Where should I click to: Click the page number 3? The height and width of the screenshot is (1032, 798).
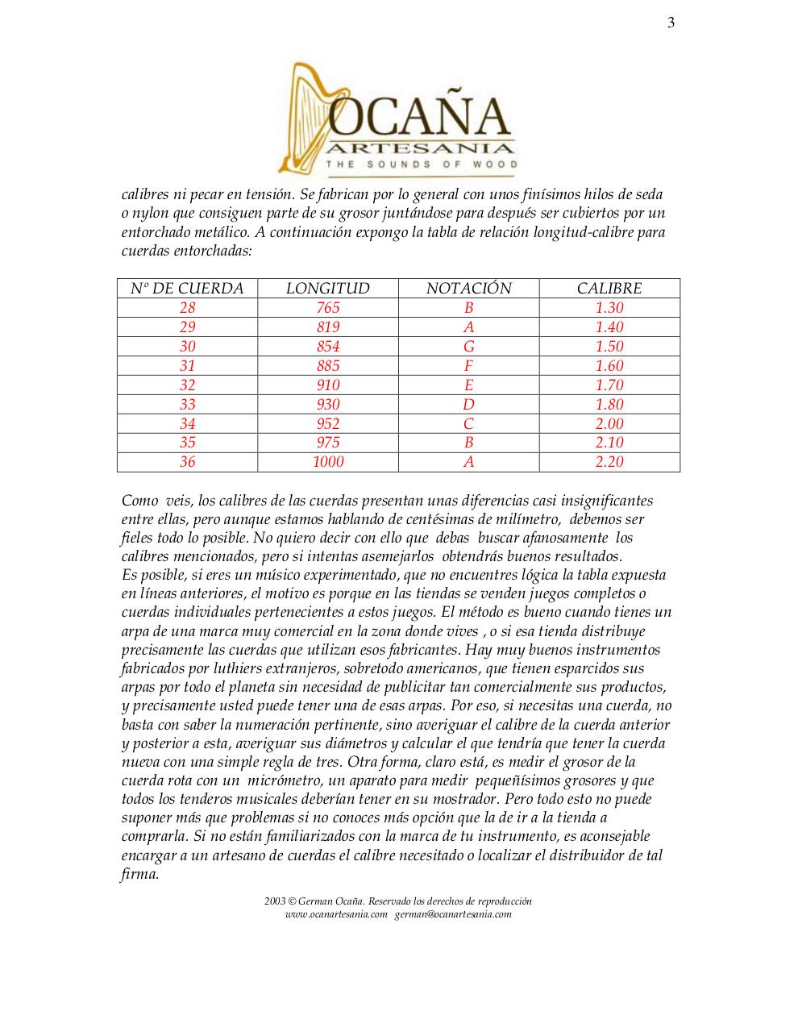coord(671,23)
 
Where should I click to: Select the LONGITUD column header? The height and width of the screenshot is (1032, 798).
coord(328,289)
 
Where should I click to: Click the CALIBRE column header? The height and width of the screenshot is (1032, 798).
coord(609,289)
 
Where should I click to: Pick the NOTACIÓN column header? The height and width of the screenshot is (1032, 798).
coord(468,289)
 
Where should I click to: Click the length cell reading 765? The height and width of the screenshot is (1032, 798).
coord(328,308)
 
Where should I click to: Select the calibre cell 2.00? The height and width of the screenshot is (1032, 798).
coord(609,424)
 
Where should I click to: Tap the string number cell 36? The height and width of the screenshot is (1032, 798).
coord(187,462)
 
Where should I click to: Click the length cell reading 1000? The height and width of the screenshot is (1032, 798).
coord(328,462)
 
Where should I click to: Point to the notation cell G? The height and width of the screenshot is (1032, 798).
coord(468,347)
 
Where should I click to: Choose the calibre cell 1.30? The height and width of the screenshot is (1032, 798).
coord(609,308)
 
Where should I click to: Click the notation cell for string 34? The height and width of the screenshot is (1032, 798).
coord(468,424)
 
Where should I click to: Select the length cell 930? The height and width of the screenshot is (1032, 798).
coord(328,405)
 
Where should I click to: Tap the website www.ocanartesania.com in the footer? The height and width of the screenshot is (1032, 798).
coord(336,914)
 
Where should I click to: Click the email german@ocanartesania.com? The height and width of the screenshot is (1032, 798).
coord(453,914)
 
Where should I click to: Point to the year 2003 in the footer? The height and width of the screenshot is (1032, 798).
coord(275,901)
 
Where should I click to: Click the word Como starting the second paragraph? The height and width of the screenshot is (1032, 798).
coord(139,501)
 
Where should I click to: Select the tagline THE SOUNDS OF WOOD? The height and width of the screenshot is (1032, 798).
coord(421,164)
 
